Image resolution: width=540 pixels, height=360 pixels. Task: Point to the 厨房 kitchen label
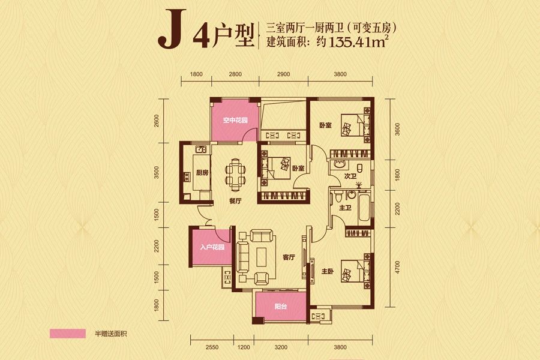pos(202,173)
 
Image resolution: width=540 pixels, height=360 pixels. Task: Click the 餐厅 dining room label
pos(235,202)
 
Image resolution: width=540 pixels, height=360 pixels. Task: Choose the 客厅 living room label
pos(289,257)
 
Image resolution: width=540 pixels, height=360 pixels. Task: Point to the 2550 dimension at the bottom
pos(211,347)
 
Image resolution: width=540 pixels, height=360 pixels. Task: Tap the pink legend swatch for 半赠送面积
pos(68,333)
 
